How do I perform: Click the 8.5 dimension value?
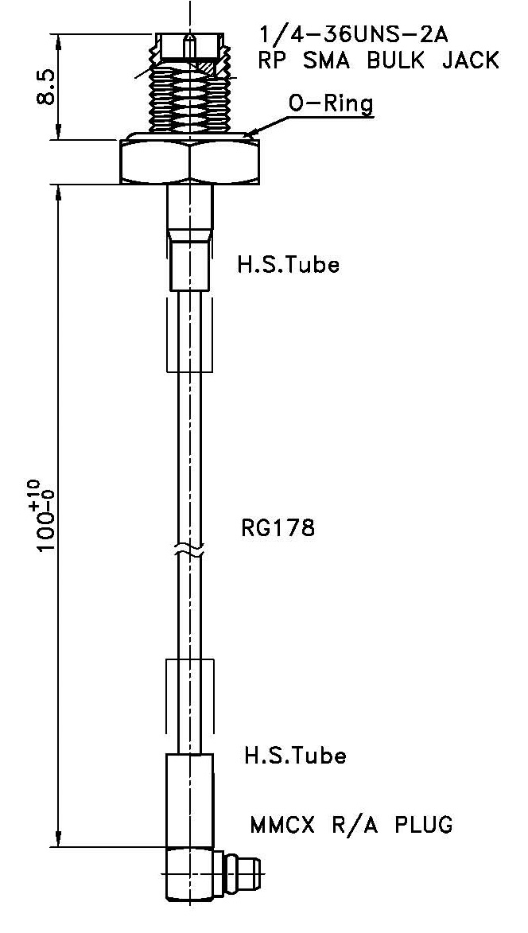[x=45, y=87]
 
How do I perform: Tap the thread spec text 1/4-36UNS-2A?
[x=353, y=34]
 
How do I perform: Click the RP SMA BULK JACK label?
[x=379, y=60]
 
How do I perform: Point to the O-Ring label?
[x=330, y=103]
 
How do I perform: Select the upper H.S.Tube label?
[x=288, y=265]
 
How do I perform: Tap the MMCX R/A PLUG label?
[x=351, y=824]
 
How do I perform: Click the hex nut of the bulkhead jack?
[x=191, y=162]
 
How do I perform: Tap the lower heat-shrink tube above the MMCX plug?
[x=190, y=795]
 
